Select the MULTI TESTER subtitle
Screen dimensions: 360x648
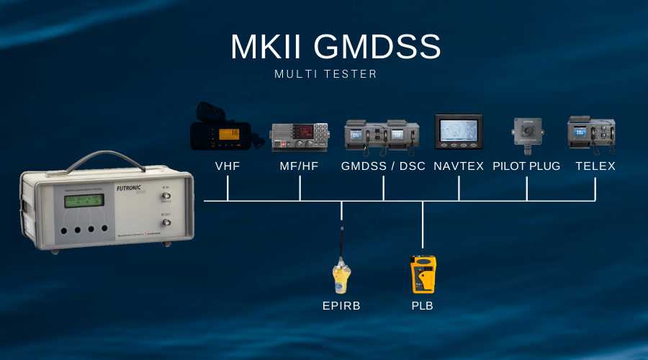pyautogui.click(x=325, y=74)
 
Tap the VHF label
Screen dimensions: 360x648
pyautogui.click(x=228, y=166)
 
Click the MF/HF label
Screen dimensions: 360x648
pyautogui.click(x=300, y=166)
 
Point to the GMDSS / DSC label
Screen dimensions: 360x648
pyautogui.click(x=383, y=166)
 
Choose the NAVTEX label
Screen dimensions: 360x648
pyautogui.click(x=459, y=166)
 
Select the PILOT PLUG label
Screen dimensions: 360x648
pyautogui.click(x=526, y=166)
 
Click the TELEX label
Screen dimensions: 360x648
pyautogui.click(x=595, y=166)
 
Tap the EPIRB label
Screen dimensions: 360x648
pyautogui.click(x=341, y=306)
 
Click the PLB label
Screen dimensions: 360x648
pyautogui.click(x=423, y=306)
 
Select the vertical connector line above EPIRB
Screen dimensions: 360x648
pyautogui.click(x=341, y=212)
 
